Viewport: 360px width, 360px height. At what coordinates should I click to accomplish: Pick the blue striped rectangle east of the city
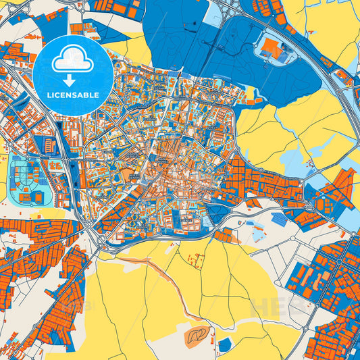pos(278,220)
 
